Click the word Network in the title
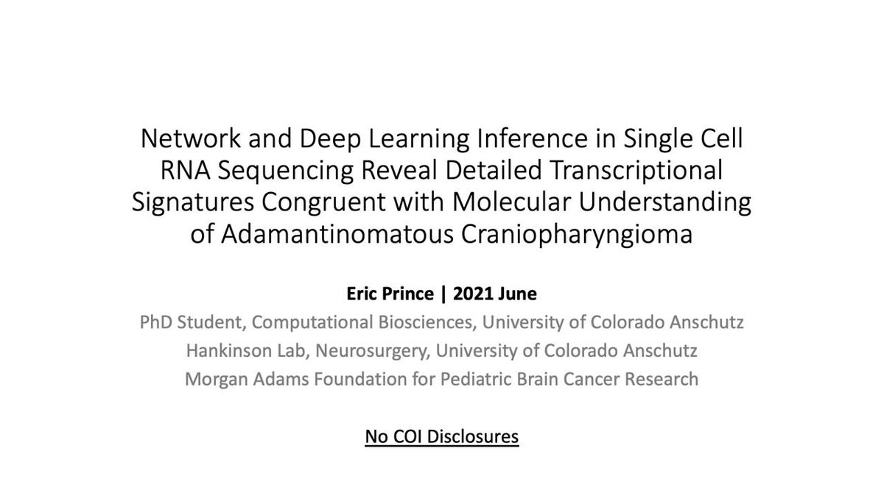pos(191,138)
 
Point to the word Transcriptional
pos(636,171)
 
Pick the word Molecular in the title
pos(511,202)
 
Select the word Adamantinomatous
pos(337,234)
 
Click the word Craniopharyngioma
pos(577,234)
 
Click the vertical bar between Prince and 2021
pos(443,294)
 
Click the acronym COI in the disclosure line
pos(407,436)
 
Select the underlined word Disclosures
pos(473,436)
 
